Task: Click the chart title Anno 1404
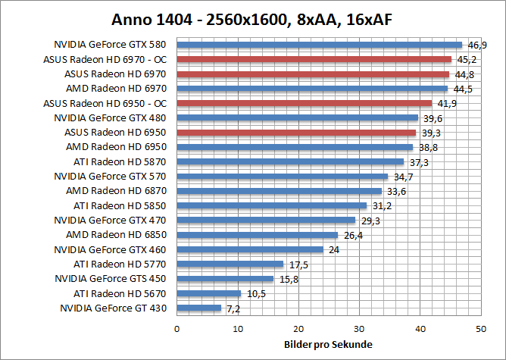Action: click(252, 18)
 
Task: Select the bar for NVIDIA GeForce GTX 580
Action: click(319, 45)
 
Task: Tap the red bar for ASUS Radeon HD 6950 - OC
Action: click(304, 103)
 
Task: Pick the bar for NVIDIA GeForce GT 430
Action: click(198, 308)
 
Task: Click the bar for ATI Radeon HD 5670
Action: click(208, 293)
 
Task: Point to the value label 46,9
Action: click(476, 45)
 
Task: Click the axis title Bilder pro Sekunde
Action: click(328, 344)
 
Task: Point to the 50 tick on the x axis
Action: click(480, 328)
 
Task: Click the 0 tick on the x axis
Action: click(176, 328)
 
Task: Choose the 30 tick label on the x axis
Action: click(359, 328)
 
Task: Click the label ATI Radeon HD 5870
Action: click(120, 161)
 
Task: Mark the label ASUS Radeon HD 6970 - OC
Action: click(105, 59)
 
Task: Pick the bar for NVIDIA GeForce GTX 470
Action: click(265, 220)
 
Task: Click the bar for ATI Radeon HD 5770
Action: click(230, 264)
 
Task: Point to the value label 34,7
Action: click(402, 177)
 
